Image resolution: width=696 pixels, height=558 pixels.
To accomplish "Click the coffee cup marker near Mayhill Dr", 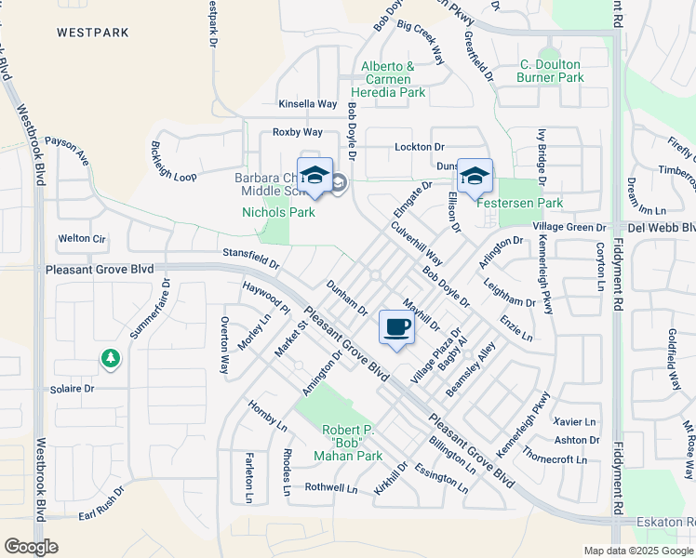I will tap(396, 328).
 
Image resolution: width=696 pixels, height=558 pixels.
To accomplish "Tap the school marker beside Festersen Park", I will tap(475, 177).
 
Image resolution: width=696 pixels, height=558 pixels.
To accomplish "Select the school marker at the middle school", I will tap(315, 176).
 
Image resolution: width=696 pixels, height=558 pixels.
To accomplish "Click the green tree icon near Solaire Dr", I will tap(110, 357).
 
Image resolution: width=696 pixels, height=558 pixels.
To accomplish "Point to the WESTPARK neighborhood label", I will tap(91, 32).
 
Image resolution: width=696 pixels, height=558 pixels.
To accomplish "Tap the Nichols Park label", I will tap(278, 212).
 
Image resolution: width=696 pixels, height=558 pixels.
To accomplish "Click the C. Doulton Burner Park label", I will tap(552, 72).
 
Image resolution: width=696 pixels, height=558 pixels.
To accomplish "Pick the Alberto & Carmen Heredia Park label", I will tap(388, 79).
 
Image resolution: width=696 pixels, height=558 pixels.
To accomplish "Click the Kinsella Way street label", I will tap(308, 104).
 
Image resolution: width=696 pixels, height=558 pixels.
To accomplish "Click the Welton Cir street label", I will tap(82, 238).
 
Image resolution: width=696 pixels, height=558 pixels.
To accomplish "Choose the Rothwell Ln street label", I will tap(331, 487).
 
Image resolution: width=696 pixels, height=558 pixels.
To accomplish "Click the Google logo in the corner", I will tap(31, 547).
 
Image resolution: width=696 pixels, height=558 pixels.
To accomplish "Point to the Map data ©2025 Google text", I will tap(638, 551).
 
